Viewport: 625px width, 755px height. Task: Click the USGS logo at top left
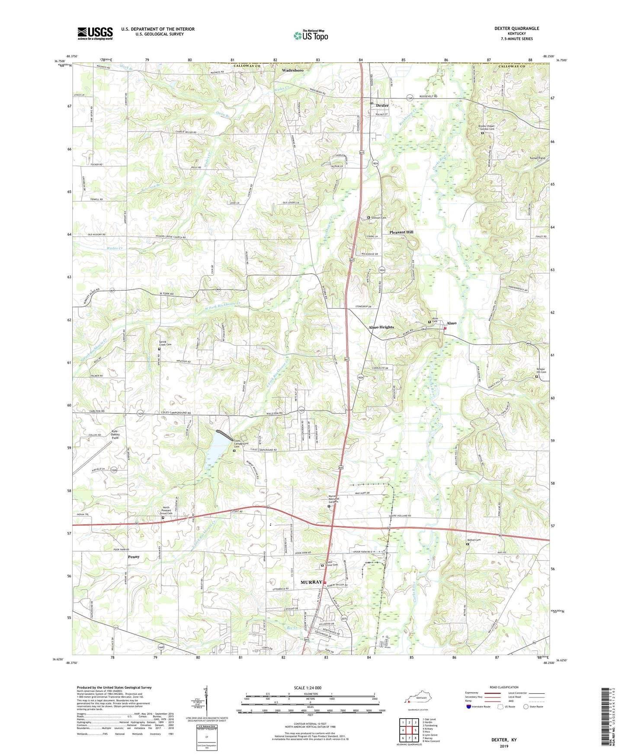point(95,33)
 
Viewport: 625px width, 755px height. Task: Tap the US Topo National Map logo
point(311,35)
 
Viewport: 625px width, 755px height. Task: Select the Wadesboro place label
point(293,70)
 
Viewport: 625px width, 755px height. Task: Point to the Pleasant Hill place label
point(401,232)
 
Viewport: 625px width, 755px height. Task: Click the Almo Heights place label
point(381,327)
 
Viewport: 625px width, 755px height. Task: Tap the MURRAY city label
point(311,582)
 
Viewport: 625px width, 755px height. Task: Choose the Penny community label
point(134,557)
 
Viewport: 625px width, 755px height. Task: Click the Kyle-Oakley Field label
point(115,435)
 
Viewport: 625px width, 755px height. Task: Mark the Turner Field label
point(537,158)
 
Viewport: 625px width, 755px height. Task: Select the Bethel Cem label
point(474,540)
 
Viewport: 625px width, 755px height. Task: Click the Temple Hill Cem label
point(541,371)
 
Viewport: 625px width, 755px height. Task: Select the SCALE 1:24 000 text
point(307,688)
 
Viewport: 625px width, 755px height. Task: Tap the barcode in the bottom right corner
point(606,718)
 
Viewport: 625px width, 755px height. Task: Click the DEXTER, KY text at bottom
point(504,740)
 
